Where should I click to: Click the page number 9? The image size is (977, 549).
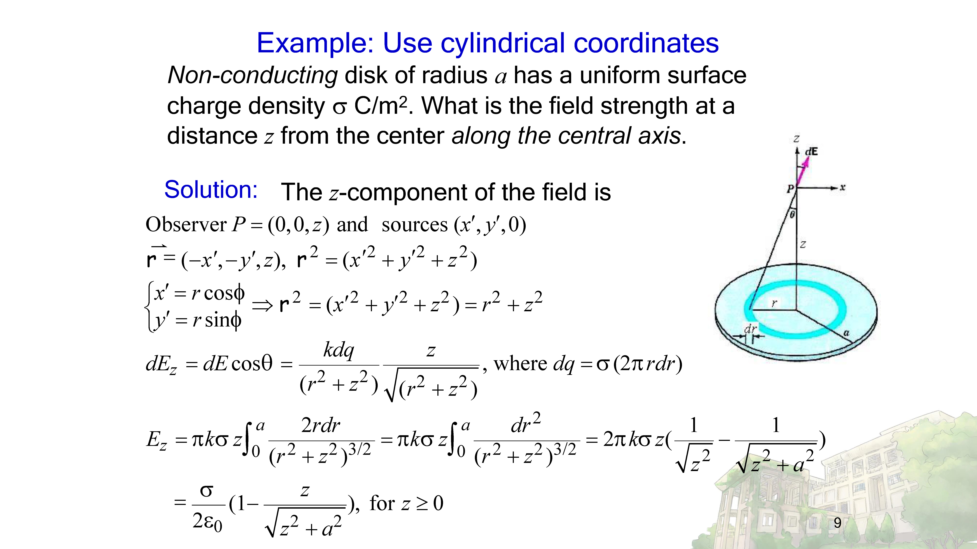pos(837,523)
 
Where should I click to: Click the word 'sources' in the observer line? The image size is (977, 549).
pos(415,225)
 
